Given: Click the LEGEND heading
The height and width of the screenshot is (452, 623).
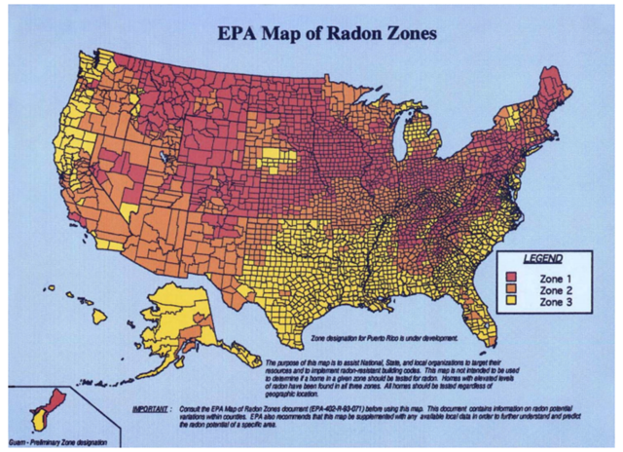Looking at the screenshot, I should [543, 259].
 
